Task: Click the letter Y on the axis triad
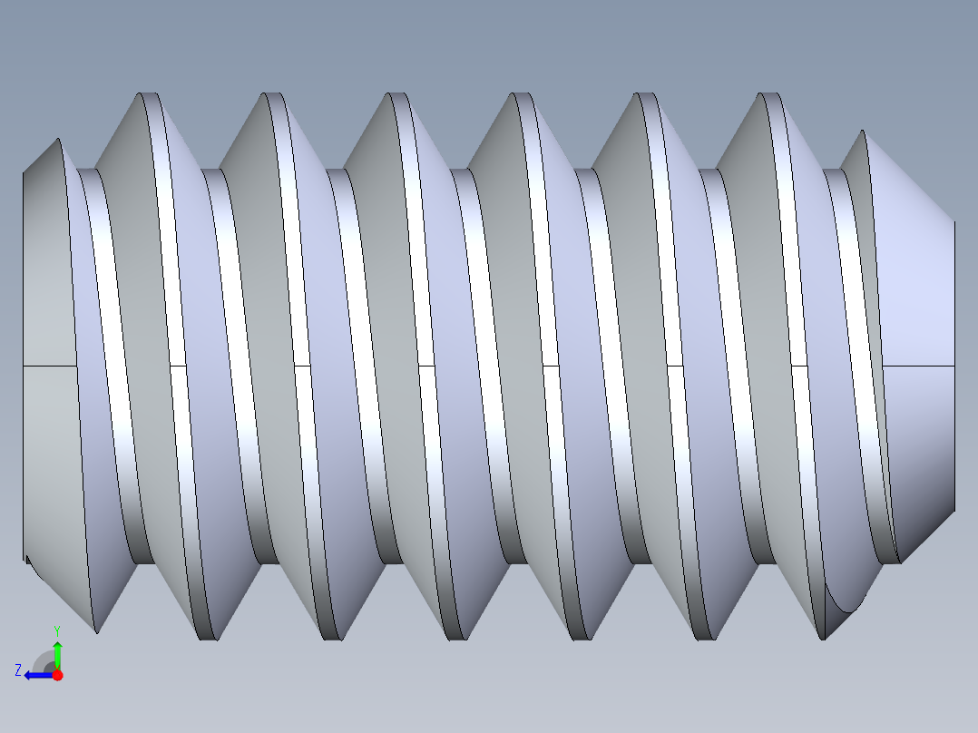[x=56, y=630]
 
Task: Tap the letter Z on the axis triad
[x=18, y=669]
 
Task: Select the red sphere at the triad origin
[x=57, y=675]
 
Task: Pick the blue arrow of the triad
[x=36, y=675]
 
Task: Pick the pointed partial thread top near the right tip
[x=861, y=133]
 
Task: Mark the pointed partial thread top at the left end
[x=58, y=142]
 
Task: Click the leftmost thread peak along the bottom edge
[x=96, y=630]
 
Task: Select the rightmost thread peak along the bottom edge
[x=824, y=637]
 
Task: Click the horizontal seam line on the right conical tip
[x=918, y=366]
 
